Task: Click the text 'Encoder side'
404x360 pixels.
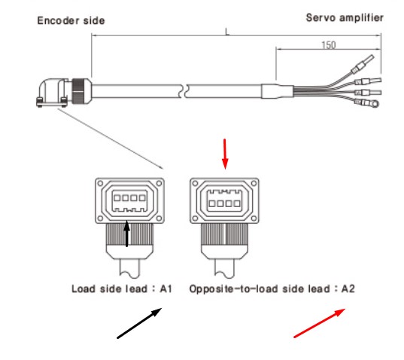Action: tap(71, 20)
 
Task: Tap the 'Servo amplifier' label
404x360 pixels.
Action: tap(345, 18)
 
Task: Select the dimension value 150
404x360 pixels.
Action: tap(329, 45)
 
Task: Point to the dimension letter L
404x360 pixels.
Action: tap(227, 32)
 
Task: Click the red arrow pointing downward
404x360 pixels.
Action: tap(225, 154)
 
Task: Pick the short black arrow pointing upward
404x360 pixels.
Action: tap(126, 233)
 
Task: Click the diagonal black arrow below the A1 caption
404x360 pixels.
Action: tap(139, 323)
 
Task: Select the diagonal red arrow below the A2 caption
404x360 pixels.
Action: tap(320, 323)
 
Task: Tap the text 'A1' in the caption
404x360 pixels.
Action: tap(166, 288)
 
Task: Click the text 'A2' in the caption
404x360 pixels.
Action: tap(348, 288)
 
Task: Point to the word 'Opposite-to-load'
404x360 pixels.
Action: tap(234, 289)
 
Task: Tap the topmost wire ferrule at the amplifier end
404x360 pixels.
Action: tap(363, 64)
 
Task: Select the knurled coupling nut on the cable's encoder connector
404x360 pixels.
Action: tap(78, 91)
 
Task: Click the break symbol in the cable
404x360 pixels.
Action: tap(183, 91)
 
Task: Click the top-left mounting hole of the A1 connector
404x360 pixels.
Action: tap(101, 183)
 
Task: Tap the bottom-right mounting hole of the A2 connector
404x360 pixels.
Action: tap(254, 218)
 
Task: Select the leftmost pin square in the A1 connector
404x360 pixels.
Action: tap(117, 198)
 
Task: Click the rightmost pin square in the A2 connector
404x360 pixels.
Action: tap(237, 203)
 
